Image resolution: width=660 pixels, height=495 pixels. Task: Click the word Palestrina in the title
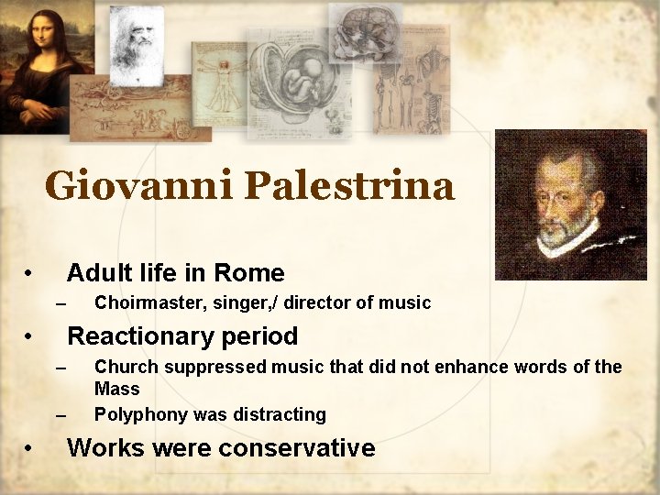349,186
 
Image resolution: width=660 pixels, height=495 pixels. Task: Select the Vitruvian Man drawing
223,87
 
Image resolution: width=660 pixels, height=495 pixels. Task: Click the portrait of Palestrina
570,203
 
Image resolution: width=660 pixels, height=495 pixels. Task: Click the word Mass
117,389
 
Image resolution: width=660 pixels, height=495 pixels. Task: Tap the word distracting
280,415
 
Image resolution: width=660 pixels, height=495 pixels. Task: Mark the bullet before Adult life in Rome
30,274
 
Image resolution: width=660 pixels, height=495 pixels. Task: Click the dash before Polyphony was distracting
61,415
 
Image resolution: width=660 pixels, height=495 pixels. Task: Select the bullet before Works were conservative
30,449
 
